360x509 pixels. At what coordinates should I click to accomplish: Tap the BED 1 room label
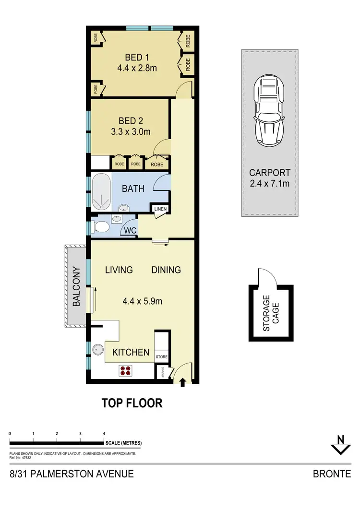pos(137,57)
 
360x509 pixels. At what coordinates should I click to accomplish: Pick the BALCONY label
pos(76,286)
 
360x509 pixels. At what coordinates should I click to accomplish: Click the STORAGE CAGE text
pos(271,313)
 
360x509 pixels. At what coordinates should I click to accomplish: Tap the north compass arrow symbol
pos(340,444)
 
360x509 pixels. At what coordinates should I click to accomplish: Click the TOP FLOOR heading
pos(132,403)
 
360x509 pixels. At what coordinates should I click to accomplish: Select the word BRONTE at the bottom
pos(332,474)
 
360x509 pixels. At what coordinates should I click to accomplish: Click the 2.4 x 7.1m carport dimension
pos(269,183)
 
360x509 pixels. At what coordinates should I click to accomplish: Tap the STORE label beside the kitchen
pos(162,357)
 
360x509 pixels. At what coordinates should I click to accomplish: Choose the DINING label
pos(166,270)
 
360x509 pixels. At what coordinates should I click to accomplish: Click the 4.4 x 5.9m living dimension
pos(143,302)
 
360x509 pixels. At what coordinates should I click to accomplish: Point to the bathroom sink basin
pos(124,208)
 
